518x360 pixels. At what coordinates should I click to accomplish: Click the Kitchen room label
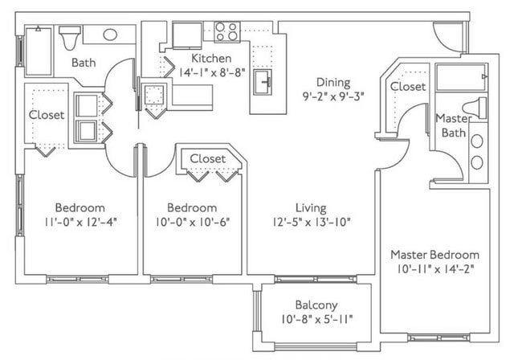pyautogui.click(x=211, y=58)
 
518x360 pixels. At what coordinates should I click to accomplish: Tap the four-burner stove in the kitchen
pyautogui.click(x=226, y=32)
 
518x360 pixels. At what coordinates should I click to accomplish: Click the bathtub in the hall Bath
pyautogui.click(x=39, y=51)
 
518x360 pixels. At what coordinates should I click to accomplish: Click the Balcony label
pyautogui.click(x=315, y=305)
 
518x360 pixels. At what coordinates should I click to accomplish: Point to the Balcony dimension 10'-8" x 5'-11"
pyautogui.click(x=315, y=320)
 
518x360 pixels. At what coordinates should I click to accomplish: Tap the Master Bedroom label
pyautogui.click(x=434, y=254)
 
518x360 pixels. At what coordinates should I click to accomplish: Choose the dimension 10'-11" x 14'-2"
pyautogui.click(x=434, y=269)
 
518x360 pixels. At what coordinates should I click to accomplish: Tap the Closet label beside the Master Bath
pyautogui.click(x=408, y=86)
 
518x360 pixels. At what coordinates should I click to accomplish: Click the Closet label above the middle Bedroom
pyautogui.click(x=207, y=158)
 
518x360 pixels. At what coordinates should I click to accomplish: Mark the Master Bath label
pyautogui.click(x=452, y=125)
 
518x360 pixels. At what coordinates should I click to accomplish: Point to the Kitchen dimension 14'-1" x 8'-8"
pyautogui.click(x=211, y=72)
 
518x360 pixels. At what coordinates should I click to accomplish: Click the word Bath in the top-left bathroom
pyautogui.click(x=84, y=63)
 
